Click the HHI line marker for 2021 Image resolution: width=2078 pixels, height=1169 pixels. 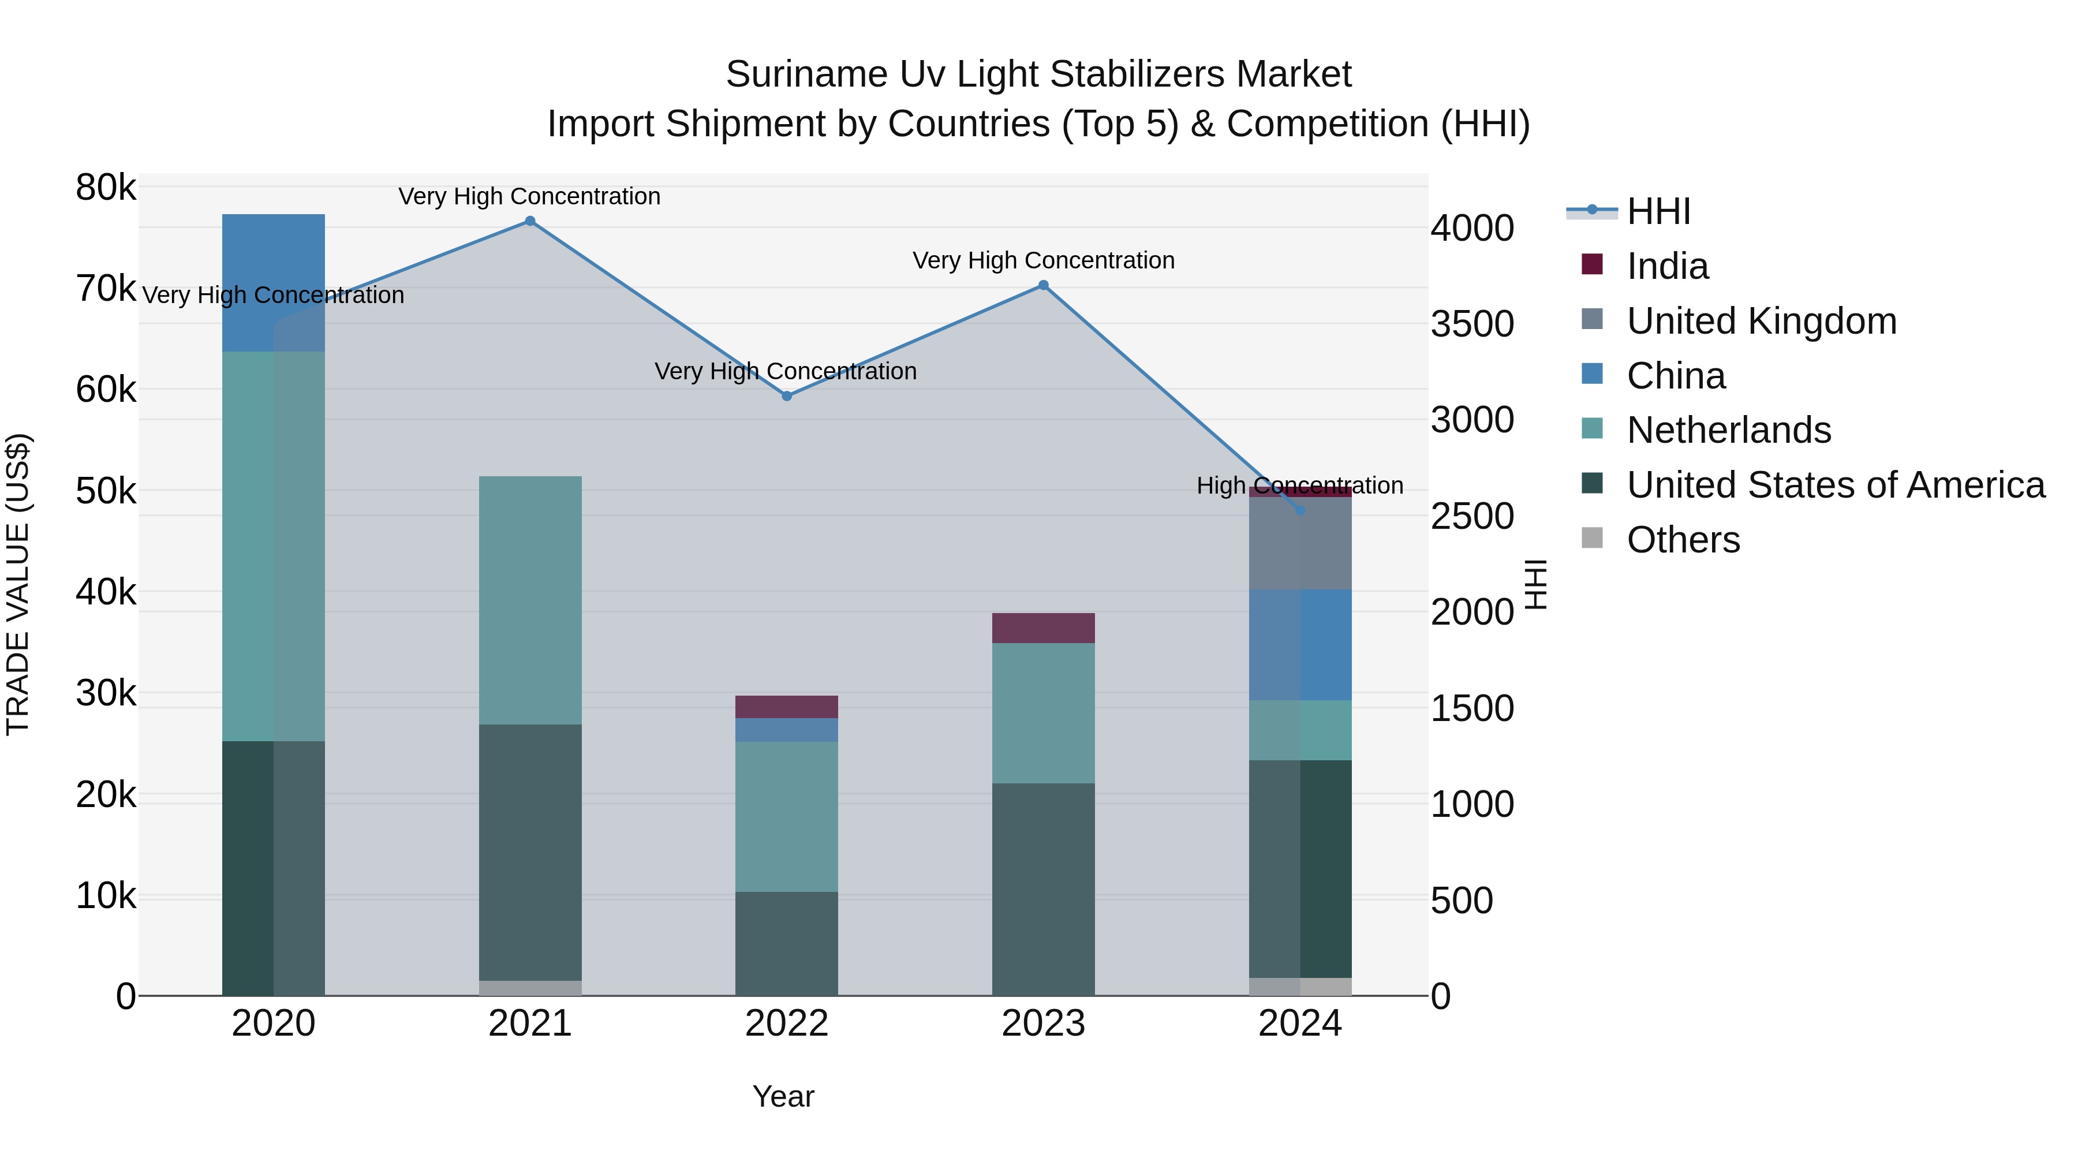(530, 221)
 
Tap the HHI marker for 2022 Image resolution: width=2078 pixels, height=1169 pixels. (787, 396)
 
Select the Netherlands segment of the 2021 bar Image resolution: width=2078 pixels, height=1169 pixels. (530, 600)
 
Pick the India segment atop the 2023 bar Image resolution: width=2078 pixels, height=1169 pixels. (1043, 628)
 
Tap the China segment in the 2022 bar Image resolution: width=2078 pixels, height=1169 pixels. (787, 730)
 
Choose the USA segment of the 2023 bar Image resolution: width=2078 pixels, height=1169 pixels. (1043, 889)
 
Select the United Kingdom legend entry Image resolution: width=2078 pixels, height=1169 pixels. (1761, 321)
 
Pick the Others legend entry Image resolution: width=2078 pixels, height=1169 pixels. (1683, 540)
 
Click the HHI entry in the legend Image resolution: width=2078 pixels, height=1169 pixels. (1658, 211)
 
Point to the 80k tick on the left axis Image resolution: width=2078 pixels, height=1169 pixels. (106, 188)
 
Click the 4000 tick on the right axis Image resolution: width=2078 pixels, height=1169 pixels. (1472, 228)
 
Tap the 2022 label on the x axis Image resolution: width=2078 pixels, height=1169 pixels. (787, 1024)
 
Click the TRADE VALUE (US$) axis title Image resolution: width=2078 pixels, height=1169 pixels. (18, 584)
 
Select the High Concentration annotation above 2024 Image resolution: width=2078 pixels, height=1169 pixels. (1299, 485)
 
